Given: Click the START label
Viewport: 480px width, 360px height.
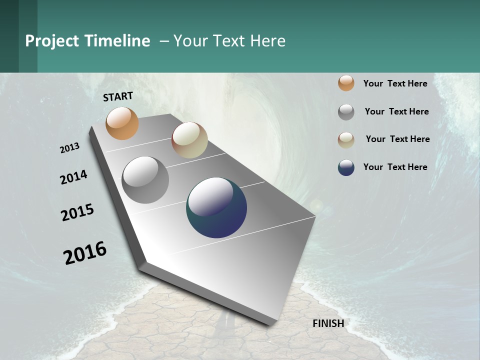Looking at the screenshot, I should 118,96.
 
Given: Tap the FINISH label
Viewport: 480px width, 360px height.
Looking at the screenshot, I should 328,323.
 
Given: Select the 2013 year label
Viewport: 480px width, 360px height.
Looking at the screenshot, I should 70,148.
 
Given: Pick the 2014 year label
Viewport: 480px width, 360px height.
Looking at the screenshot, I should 73,177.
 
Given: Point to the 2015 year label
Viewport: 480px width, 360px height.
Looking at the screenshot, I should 77,212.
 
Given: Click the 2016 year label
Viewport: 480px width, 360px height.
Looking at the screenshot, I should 85,252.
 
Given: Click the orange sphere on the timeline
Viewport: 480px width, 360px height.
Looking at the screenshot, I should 122,123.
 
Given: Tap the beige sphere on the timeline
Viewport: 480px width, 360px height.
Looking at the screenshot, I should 189,140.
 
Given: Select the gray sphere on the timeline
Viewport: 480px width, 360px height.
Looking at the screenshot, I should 145,180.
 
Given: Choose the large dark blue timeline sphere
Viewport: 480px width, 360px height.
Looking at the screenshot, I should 216,207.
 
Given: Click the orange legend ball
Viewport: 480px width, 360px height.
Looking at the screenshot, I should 346,83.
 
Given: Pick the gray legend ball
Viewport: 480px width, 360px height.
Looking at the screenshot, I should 346,112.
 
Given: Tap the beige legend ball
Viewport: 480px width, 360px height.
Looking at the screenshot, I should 346,140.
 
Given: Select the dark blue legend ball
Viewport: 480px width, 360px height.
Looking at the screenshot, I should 346,167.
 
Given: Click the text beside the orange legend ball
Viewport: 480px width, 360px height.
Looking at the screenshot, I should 395,83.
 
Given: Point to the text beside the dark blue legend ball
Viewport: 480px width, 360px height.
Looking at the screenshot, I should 395,167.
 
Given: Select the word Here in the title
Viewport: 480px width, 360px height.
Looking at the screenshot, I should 267,41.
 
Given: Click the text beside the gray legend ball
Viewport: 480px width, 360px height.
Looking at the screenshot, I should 396,111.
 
